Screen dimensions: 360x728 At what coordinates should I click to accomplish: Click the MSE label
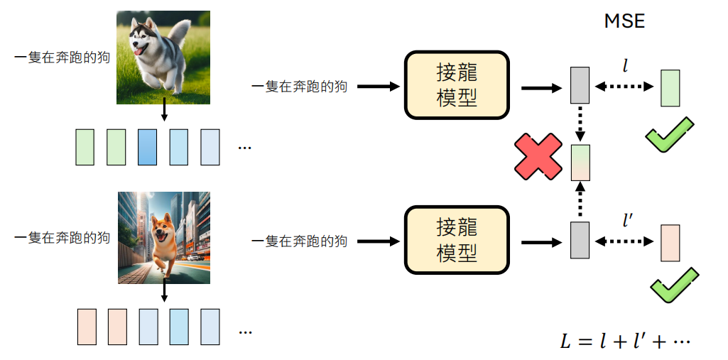click(x=624, y=21)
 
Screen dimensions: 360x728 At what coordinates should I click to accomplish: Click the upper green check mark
click(x=669, y=134)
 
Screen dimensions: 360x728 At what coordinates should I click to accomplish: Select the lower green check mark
click(x=672, y=286)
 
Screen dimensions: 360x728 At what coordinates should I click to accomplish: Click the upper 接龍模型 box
click(x=457, y=84)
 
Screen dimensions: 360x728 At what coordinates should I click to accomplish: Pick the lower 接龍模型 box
click(x=457, y=241)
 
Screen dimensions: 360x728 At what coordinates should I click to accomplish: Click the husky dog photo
click(x=164, y=58)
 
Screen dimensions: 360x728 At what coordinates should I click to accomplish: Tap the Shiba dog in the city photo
click(x=164, y=237)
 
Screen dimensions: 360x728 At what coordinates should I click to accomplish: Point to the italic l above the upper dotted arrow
click(x=625, y=67)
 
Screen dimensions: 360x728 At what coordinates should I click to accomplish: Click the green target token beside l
click(x=670, y=88)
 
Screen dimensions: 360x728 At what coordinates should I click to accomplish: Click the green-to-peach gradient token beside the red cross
click(x=580, y=163)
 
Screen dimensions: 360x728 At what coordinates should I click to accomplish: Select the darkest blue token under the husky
click(x=147, y=148)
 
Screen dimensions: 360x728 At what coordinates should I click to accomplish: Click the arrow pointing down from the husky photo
click(x=164, y=111)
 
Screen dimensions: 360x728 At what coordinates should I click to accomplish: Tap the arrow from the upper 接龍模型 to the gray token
click(x=540, y=87)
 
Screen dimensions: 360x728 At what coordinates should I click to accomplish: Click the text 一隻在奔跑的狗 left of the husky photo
click(x=63, y=58)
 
